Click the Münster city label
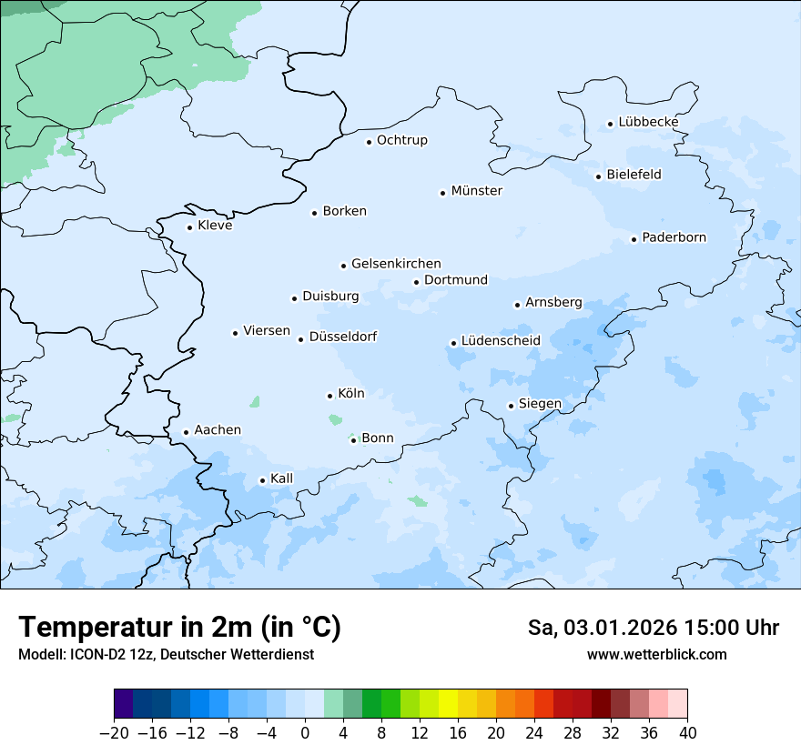pos(476,191)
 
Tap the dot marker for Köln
pos(330,396)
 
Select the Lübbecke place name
pos(648,123)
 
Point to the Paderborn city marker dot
pos(634,239)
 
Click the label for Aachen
pos(218,430)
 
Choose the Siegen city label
pos(540,404)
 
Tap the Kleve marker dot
pos(189,227)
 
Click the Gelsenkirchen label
pos(396,264)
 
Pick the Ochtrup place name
pos(401,140)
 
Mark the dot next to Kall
pos(262,480)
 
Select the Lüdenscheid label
pos(501,341)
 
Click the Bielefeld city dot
pos(598,176)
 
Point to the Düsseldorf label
pos(343,337)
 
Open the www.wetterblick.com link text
pos(656,654)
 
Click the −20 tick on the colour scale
pos(114,733)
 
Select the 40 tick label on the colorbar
pos(687,733)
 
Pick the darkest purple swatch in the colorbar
pos(123,704)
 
